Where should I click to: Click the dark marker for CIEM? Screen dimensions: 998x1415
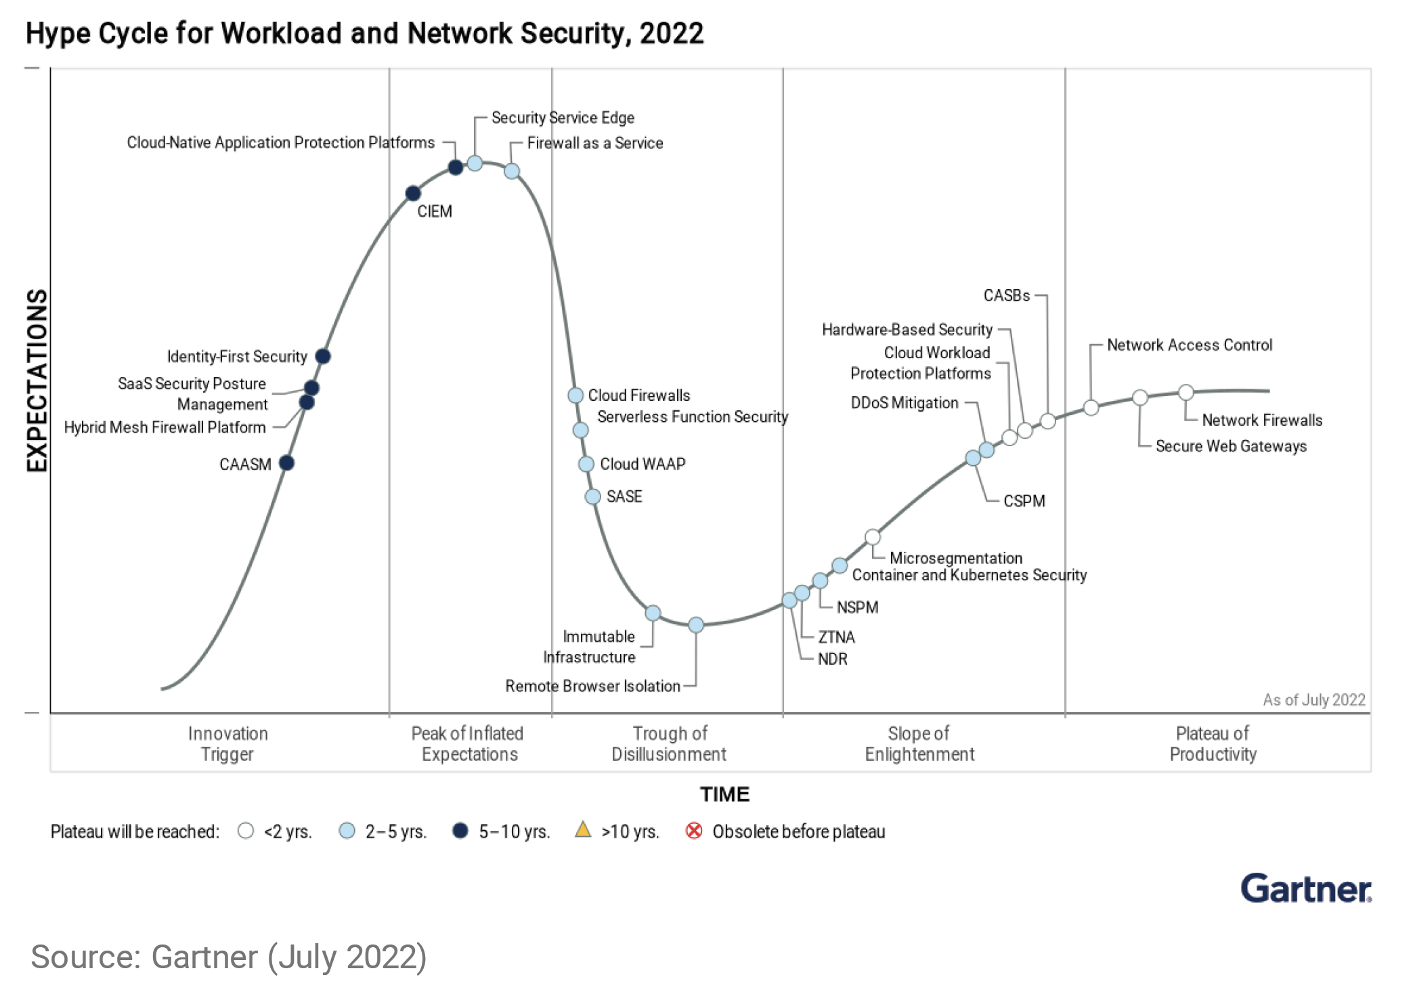point(413,194)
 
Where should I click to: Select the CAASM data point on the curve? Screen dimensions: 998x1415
point(286,463)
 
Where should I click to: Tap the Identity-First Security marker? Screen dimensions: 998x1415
point(323,356)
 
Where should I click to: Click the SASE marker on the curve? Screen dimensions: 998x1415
point(592,497)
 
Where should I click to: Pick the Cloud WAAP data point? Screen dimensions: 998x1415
point(586,464)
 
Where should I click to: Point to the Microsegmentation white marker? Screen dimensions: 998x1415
point(873,538)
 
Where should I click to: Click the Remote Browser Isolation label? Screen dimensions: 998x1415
point(592,686)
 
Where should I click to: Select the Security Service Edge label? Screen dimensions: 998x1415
point(563,118)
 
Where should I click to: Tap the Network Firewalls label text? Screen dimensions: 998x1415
point(1261,420)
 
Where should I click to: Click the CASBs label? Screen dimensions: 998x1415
point(1006,296)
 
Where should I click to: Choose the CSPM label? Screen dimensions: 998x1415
point(1024,501)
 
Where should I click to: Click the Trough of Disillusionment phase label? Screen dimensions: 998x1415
point(669,743)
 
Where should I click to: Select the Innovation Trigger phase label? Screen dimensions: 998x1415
point(227,743)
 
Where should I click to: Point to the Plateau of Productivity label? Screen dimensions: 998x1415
point(1213,743)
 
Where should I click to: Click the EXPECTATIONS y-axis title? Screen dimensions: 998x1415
point(37,380)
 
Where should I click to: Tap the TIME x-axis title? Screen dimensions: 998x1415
point(724,794)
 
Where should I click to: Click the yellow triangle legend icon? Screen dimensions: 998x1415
point(583,830)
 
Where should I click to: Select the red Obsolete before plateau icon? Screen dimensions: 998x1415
point(694,831)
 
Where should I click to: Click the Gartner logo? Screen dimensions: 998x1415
point(1305,888)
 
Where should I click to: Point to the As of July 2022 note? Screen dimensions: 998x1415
point(1313,700)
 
